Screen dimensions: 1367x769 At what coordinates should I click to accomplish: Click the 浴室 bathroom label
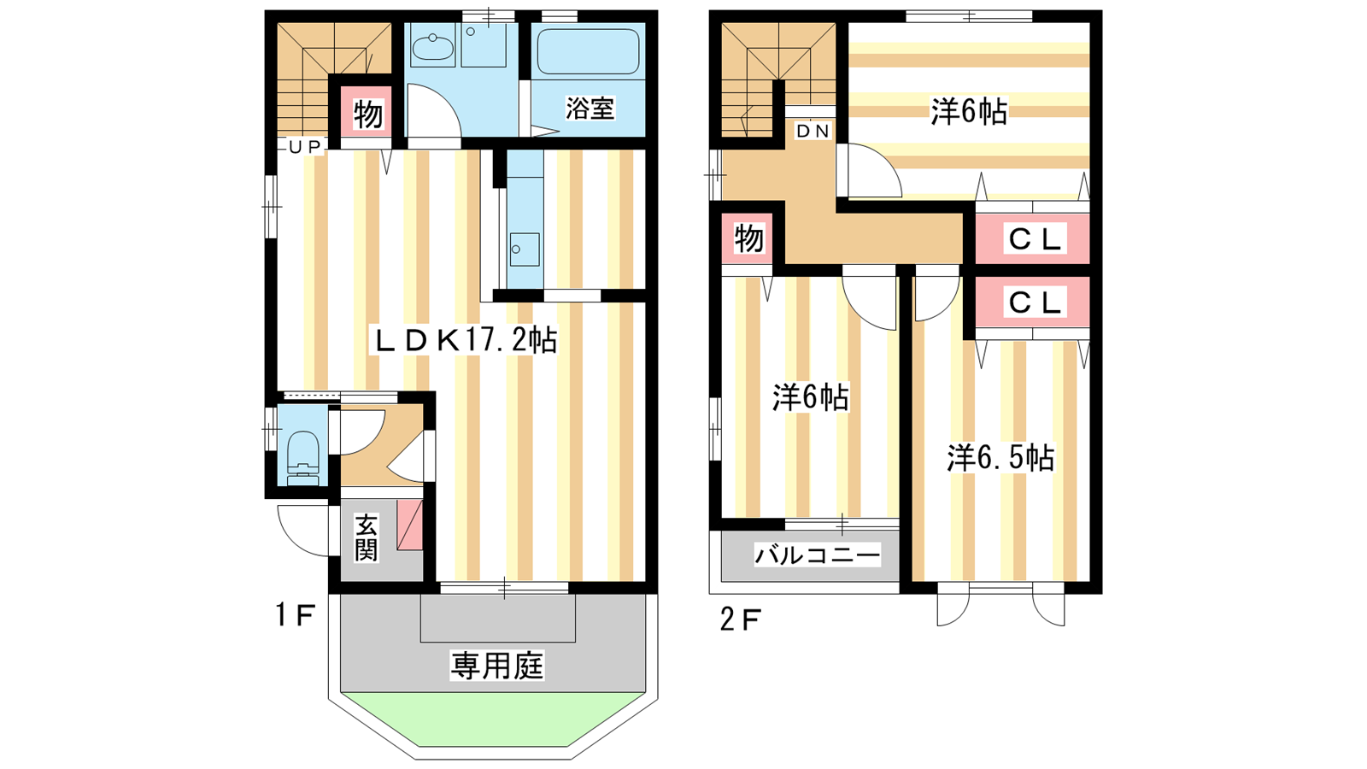click(x=590, y=108)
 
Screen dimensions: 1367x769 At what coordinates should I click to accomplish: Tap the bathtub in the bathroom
click(x=589, y=52)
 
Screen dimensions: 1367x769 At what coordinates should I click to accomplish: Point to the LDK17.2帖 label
click(x=465, y=341)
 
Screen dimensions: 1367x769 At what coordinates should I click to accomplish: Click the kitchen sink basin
click(x=525, y=249)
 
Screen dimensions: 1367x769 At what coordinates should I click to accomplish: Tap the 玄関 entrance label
click(x=367, y=537)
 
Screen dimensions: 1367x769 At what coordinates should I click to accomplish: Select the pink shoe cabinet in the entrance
click(x=409, y=525)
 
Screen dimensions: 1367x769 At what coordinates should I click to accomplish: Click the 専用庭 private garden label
click(x=496, y=666)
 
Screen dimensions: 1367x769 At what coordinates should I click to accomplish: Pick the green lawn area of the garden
click(x=493, y=719)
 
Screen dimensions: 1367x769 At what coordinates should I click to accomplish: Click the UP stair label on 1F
click(x=305, y=146)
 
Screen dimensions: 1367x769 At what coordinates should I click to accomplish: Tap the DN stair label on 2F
click(x=813, y=131)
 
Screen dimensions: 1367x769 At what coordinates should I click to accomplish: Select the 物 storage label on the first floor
click(x=368, y=114)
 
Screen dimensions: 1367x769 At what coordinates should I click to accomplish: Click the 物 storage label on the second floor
click(x=748, y=238)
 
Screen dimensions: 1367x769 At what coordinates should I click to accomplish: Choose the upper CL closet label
click(x=1035, y=239)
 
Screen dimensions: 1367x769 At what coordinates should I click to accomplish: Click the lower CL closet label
click(x=1035, y=302)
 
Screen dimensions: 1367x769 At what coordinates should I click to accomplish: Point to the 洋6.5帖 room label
click(x=1000, y=458)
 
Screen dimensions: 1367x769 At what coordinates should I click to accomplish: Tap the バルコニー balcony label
click(x=817, y=555)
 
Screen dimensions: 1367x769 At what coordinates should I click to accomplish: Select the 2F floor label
click(x=740, y=620)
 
